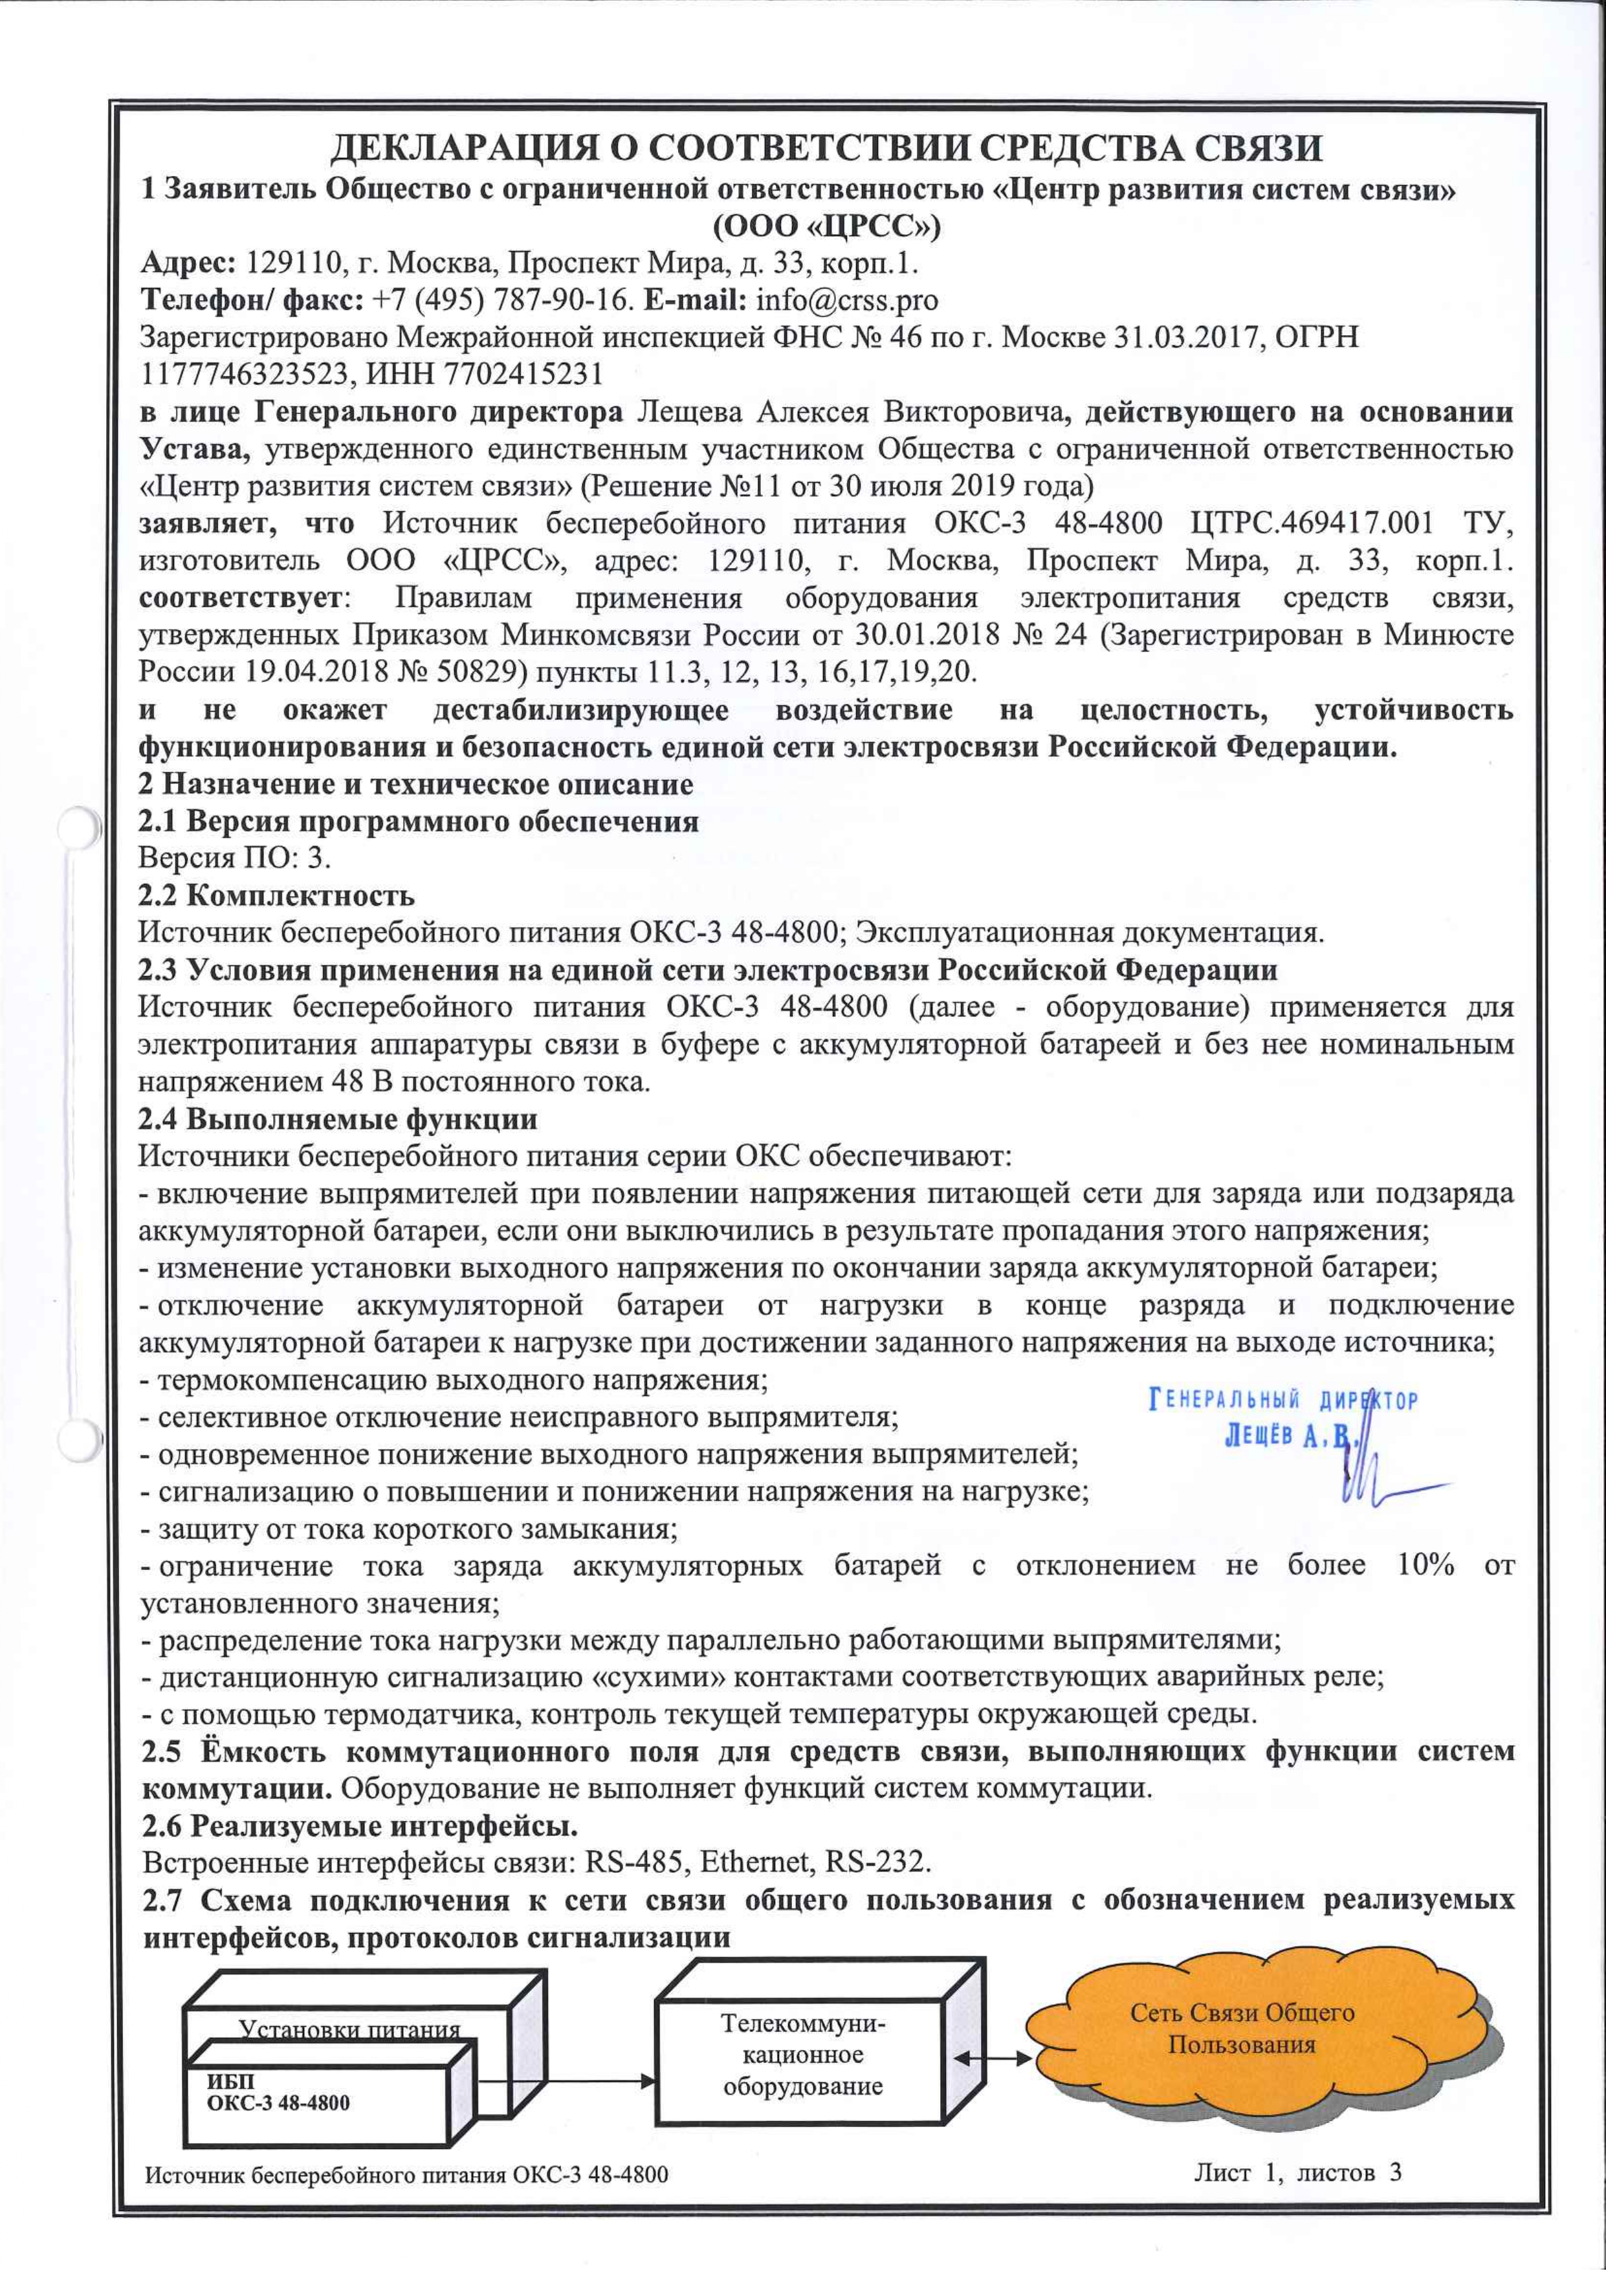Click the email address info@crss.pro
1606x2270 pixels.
pos(846,300)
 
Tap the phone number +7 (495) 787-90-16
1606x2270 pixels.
pos(502,300)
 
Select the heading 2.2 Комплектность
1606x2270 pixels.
pos(276,896)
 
